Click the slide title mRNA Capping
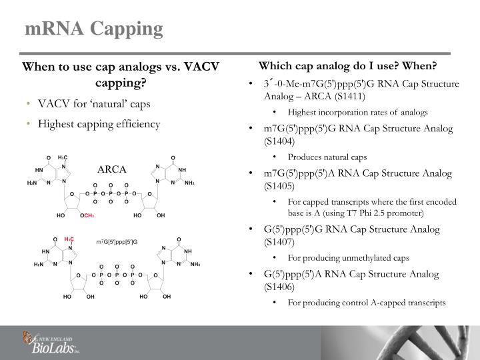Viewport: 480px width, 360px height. click(x=94, y=29)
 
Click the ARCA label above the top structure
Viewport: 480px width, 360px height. click(x=112, y=169)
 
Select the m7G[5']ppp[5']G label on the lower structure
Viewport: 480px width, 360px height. click(x=116, y=241)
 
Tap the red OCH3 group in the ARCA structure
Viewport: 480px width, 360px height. click(x=87, y=216)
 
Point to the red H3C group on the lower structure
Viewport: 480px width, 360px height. click(x=69, y=239)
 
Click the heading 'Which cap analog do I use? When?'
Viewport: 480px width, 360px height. click(x=347, y=67)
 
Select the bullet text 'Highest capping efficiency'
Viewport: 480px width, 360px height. click(x=99, y=124)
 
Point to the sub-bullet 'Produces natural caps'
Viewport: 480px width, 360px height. click(x=327, y=157)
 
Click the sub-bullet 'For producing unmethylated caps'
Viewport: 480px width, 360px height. click(x=347, y=257)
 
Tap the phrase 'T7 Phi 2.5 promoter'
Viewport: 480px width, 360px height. click(x=382, y=213)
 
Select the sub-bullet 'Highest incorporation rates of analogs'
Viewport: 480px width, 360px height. click(x=358, y=112)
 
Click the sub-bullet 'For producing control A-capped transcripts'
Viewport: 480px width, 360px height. click(x=367, y=302)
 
